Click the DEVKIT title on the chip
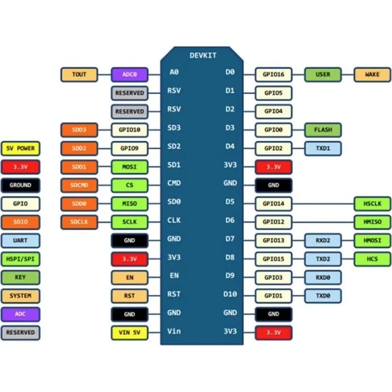pyautogui.click(x=203, y=56)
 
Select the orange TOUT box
pyautogui.click(x=79, y=75)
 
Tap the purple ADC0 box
pyautogui.click(x=130, y=75)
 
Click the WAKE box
pyautogui.click(x=372, y=75)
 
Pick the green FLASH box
pyautogui.click(x=323, y=130)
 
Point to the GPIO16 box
pyautogui.click(x=274, y=75)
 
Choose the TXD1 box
pyautogui.click(x=323, y=149)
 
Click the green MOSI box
pyautogui.click(x=130, y=167)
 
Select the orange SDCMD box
pyautogui.click(x=79, y=186)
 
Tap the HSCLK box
pyautogui.click(x=372, y=204)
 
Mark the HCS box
pyautogui.click(x=372, y=259)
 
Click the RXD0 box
pyautogui.click(x=323, y=277)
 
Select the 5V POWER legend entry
pyautogui.click(x=20, y=149)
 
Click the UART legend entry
pyautogui.click(x=20, y=240)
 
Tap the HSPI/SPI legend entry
pyautogui.click(x=20, y=259)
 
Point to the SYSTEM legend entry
pyautogui.click(x=20, y=296)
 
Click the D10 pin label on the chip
pyautogui.click(x=230, y=294)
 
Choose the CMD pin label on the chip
pyautogui.click(x=174, y=183)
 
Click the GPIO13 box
pyautogui.click(x=274, y=240)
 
